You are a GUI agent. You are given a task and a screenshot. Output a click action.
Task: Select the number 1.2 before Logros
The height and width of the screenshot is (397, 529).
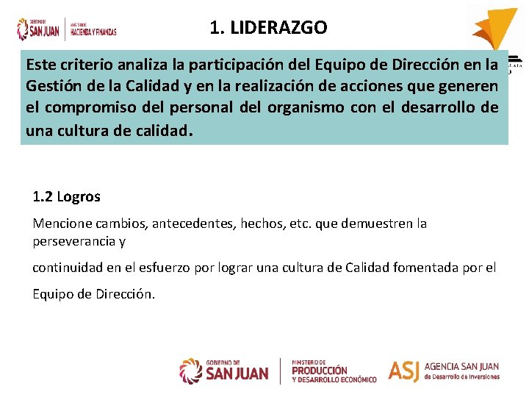[43, 197]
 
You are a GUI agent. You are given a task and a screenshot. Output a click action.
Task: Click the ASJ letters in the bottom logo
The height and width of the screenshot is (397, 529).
[403, 371]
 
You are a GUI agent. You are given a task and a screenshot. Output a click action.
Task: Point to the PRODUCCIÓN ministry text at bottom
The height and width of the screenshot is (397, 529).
[320, 371]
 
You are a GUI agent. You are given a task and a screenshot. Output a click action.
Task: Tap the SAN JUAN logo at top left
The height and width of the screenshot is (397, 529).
[37, 29]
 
